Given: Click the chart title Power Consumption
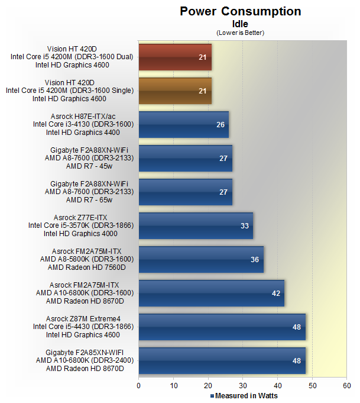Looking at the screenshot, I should pyautogui.click(x=240, y=11).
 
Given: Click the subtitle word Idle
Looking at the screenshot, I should pyautogui.click(x=240, y=24).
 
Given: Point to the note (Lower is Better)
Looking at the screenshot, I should pyautogui.click(x=240, y=33).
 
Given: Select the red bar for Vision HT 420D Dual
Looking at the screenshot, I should pyautogui.click(x=175, y=57).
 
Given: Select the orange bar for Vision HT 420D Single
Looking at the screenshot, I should pyautogui.click(x=175, y=91).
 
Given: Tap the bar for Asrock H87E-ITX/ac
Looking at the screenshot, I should pyautogui.click(x=183, y=124).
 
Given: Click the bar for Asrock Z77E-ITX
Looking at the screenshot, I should pyautogui.click(x=196, y=225).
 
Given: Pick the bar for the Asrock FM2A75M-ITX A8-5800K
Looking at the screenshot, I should pyautogui.click(x=201, y=259).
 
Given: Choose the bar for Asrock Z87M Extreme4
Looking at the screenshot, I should pyautogui.click(x=222, y=327).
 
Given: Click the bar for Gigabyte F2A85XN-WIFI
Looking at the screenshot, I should pyautogui.click(x=222, y=360).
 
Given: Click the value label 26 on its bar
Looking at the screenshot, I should pyautogui.click(x=221, y=125).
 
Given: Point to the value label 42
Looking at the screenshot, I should pyautogui.click(x=277, y=294).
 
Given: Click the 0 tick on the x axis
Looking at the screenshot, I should pyautogui.click(x=139, y=386).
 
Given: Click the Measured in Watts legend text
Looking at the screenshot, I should pyautogui.click(x=246, y=396).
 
